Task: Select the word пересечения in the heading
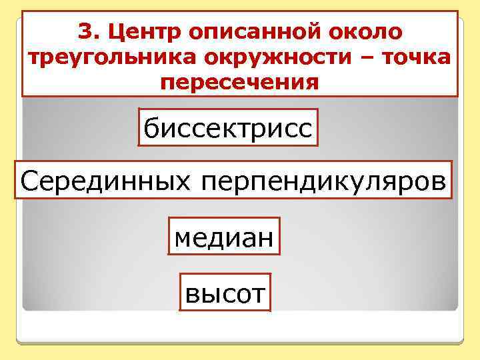(240, 83)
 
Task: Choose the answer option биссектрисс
(228, 127)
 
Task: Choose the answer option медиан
(223, 237)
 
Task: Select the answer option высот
(225, 292)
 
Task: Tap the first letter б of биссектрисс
(150, 127)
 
